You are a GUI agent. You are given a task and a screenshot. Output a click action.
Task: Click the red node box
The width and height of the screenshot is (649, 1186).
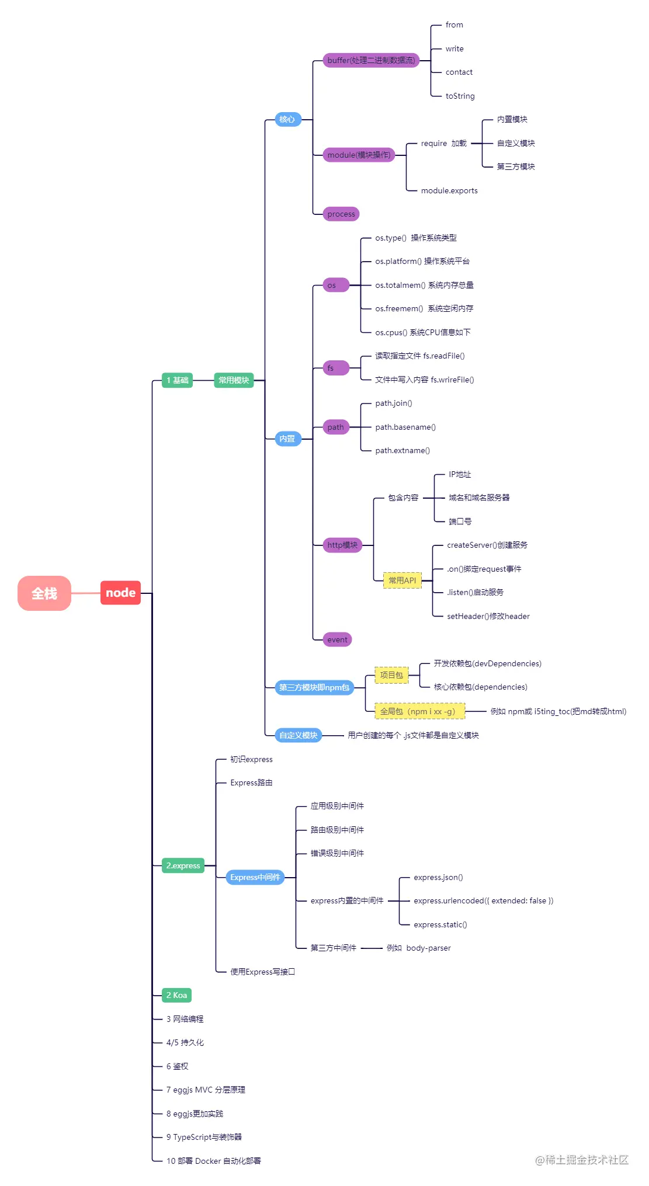click(120, 593)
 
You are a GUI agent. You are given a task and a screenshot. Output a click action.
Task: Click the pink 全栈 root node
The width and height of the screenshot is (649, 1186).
click(44, 593)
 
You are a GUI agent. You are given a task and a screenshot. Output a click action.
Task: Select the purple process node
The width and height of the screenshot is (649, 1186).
click(341, 214)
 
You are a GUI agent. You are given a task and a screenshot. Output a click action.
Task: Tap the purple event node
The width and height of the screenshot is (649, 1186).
click(337, 639)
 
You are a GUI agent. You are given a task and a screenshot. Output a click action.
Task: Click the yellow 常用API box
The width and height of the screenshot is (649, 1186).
click(402, 580)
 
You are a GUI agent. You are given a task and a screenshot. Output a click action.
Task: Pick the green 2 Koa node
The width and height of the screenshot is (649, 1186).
click(176, 995)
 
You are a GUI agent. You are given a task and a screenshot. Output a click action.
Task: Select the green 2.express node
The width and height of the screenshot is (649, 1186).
click(183, 865)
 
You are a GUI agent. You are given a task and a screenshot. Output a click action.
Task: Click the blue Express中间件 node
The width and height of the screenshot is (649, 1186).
click(255, 877)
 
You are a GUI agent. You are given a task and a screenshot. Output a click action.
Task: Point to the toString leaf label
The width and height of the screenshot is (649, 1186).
click(460, 96)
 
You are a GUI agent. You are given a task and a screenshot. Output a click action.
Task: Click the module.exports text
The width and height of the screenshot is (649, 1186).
click(449, 190)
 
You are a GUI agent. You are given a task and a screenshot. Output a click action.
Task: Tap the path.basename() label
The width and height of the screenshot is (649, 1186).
click(405, 427)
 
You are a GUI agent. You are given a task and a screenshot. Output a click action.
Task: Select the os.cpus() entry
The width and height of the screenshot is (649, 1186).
click(422, 332)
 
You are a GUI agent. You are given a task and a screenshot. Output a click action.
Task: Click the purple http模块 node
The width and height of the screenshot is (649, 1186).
click(342, 545)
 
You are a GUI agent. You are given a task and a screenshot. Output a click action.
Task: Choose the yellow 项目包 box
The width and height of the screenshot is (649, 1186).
click(391, 675)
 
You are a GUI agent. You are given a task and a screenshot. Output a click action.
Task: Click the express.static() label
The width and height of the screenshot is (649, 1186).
click(440, 924)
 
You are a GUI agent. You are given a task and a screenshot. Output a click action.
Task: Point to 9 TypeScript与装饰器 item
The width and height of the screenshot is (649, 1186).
click(204, 1137)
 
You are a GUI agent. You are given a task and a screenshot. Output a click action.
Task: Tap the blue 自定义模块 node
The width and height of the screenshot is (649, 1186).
click(298, 735)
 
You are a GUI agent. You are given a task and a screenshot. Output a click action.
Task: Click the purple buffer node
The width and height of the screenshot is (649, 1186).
click(371, 60)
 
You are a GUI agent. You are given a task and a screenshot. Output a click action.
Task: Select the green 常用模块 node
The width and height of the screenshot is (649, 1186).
click(234, 380)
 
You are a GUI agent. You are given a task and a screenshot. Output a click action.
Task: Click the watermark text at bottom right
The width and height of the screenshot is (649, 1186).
click(582, 1160)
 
